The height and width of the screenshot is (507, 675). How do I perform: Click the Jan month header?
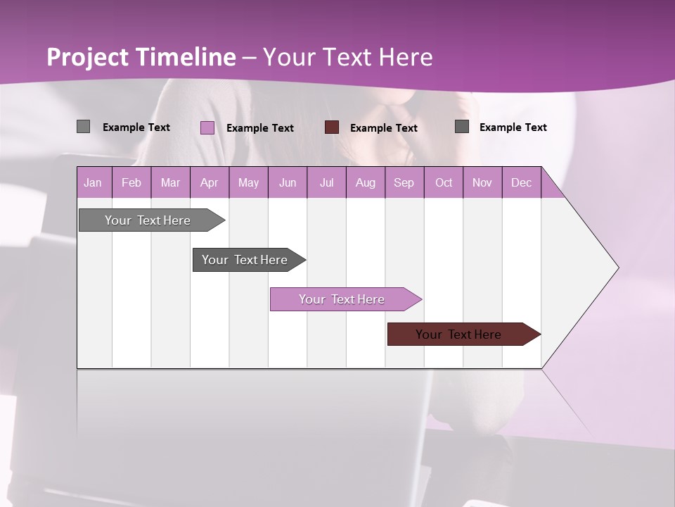pyautogui.click(x=94, y=182)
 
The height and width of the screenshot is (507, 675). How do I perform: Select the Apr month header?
pyautogui.click(x=210, y=182)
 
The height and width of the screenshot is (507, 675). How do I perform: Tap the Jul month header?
pyautogui.click(x=326, y=182)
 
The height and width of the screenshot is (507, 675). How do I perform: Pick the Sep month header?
pyautogui.click(x=404, y=182)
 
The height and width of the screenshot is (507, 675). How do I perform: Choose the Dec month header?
pyautogui.click(x=521, y=182)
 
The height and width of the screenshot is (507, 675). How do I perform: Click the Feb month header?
pyautogui.click(x=131, y=182)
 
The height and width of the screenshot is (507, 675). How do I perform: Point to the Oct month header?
pyautogui.click(x=444, y=182)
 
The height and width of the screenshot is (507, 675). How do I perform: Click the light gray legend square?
pyautogui.click(x=83, y=127)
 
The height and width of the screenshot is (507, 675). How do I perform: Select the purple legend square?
pyautogui.click(x=207, y=127)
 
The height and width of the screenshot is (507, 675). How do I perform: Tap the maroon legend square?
pyautogui.click(x=332, y=127)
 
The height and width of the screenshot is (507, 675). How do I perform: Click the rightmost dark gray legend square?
pyautogui.click(x=461, y=127)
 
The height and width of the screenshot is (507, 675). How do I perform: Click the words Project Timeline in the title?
pyautogui.click(x=141, y=57)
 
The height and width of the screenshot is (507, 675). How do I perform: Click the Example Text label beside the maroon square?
pyautogui.click(x=383, y=128)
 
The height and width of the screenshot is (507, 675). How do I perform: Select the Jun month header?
pyautogui.click(x=288, y=182)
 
